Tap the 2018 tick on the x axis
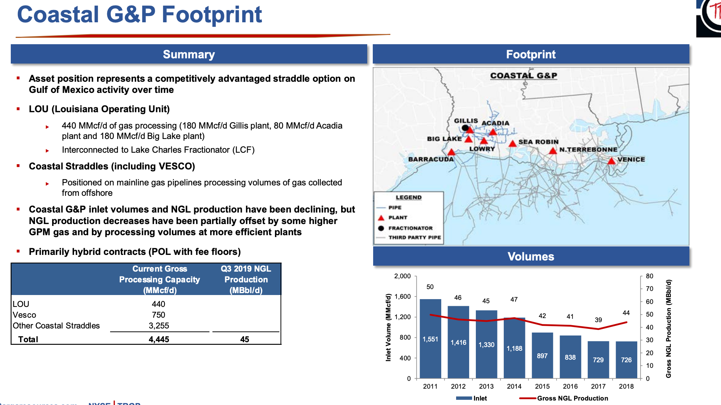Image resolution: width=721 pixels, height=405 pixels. click(626, 386)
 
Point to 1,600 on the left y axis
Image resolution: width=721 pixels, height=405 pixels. click(403, 297)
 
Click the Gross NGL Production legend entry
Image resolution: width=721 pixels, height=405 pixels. click(572, 398)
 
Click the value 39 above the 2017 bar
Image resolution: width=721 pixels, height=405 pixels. click(598, 320)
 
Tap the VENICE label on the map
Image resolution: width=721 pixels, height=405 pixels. click(631, 159)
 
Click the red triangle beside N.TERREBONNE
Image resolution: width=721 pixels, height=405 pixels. click(553, 150)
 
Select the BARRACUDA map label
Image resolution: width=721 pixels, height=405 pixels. click(431, 159)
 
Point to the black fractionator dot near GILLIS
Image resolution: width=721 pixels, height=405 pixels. click(465, 128)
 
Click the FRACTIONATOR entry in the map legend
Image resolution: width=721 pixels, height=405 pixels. click(410, 228)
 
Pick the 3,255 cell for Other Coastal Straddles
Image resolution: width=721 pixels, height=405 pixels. click(159, 326)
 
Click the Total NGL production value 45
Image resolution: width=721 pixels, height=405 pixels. click(244, 339)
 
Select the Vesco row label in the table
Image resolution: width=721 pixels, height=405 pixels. click(25, 315)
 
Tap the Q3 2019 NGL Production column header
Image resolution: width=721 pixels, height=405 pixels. click(246, 279)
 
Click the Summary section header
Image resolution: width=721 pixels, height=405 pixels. click(189, 54)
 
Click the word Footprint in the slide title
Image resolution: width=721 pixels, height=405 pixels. click(212, 15)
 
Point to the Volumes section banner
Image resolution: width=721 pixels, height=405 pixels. click(531, 256)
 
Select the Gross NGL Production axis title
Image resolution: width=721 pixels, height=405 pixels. click(669, 328)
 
